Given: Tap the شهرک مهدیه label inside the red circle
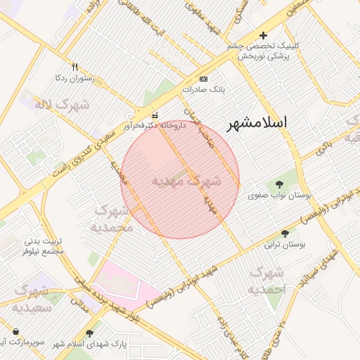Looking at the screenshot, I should pyautogui.click(x=186, y=181).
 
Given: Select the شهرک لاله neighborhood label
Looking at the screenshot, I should pyautogui.click(x=63, y=105).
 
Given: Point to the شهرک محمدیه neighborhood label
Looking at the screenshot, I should pyautogui.click(x=112, y=219).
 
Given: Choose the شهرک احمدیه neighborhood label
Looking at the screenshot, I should pyautogui.click(x=267, y=281).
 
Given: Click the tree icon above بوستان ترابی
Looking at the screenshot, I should pyautogui.click(x=285, y=233).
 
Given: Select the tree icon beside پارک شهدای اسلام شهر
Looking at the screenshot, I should pyautogui.click(x=89, y=333).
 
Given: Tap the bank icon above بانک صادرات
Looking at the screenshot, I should pyautogui.click(x=204, y=79).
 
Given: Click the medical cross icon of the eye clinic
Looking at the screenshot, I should pyautogui.click(x=264, y=35).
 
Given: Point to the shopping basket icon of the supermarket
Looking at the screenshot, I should pyautogui.click(x=15, y=331).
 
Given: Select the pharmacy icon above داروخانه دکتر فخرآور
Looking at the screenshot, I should pyautogui.click(x=155, y=115).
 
